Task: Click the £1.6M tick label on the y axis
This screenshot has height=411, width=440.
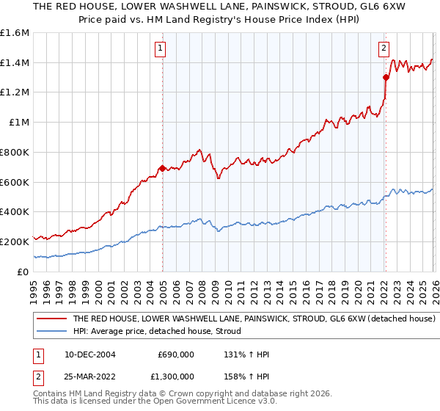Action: [x=15, y=33]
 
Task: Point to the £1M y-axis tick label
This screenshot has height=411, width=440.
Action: [x=19, y=123]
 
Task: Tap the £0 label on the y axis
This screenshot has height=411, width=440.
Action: [x=23, y=272]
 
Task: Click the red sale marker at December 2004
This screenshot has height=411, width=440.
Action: [x=162, y=169]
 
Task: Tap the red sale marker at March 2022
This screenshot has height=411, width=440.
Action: [x=385, y=77]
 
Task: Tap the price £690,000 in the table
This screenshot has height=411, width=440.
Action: [x=176, y=354]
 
